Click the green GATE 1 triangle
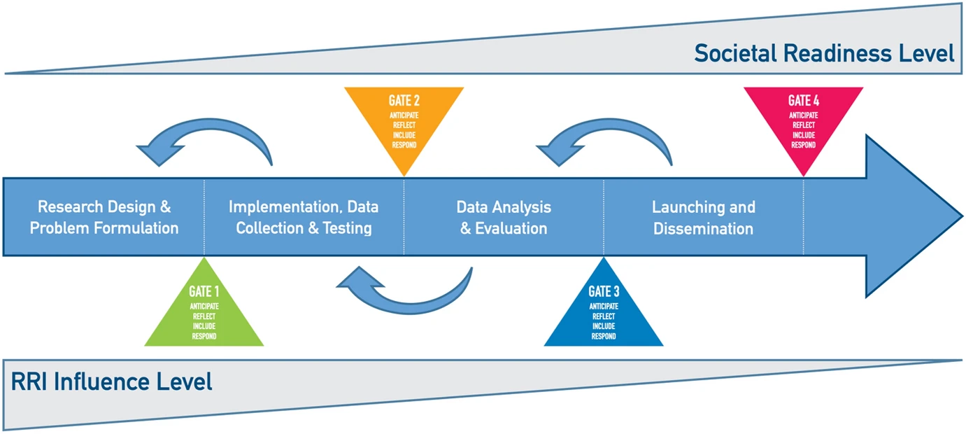[x=204, y=311]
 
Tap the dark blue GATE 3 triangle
[x=604, y=311]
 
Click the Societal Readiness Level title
[x=824, y=53]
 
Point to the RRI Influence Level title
[x=111, y=381]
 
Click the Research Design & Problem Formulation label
[x=104, y=218]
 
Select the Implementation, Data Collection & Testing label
[x=304, y=218]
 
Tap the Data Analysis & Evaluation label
[x=504, y=218]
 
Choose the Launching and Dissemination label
[x=704, y=218]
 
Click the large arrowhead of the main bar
[x=906, y=216]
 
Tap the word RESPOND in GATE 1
[x=204, y=337]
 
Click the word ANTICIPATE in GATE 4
[x=804, y=115]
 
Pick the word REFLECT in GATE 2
[x=404, y=125]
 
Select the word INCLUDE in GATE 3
[x=604, y=326]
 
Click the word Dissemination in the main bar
[x=704, y=229]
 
